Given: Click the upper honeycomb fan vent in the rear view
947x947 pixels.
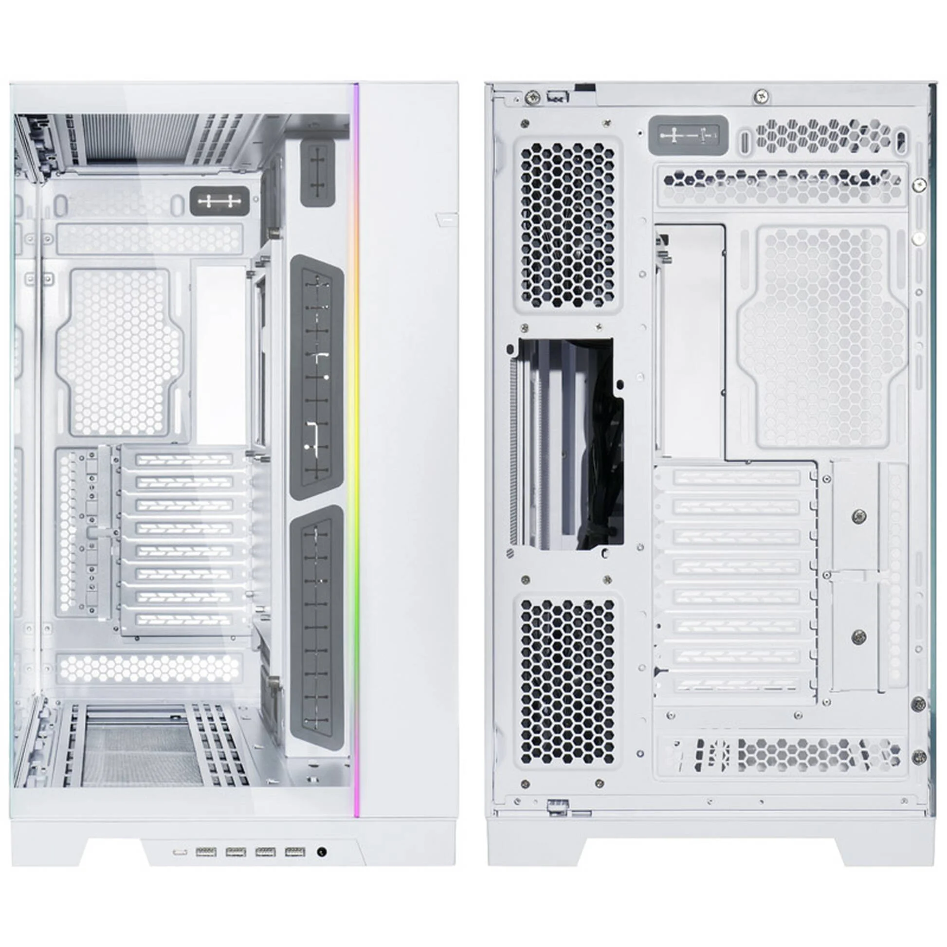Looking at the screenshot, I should (x=567, y=226).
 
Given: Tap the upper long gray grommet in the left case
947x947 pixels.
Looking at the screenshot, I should (x=317, y=377).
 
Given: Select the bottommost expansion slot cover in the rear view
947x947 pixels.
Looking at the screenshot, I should (x=735, y=685).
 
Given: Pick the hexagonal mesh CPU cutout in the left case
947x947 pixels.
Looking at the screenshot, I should (x=120, y=352).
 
